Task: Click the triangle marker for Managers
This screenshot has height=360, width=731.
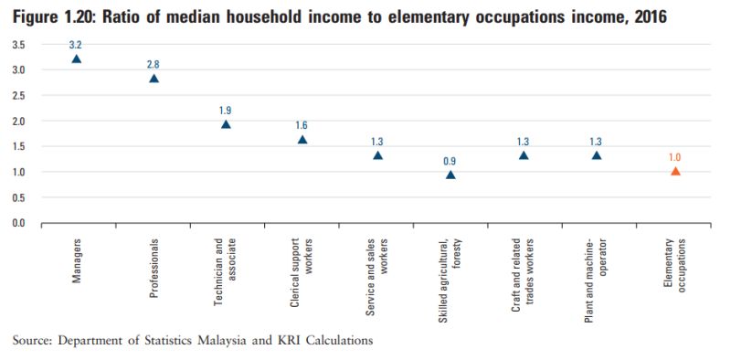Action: click(x=76, y=58)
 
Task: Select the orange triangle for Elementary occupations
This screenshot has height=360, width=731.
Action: click(x=675, y=171)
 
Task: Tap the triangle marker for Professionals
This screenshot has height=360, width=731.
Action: click(x=154, y=79)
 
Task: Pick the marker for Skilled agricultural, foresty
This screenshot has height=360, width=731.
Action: click(x=450, y=175)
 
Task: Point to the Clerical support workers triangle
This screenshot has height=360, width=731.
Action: click(x=302, y=140)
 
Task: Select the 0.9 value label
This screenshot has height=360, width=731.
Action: click(x=450, y=160)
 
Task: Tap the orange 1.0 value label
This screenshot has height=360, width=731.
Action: click(x=675, y=156)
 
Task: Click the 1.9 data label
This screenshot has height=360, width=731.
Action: click(x=226, y=110)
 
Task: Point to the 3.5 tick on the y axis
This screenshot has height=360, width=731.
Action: click(x=18, y=44)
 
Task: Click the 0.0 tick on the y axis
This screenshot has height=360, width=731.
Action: click(x=18, y=223)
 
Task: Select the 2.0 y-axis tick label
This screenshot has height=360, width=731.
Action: click(x=18, y=121)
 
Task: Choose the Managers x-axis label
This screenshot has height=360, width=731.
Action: click(x=76, y=259)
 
